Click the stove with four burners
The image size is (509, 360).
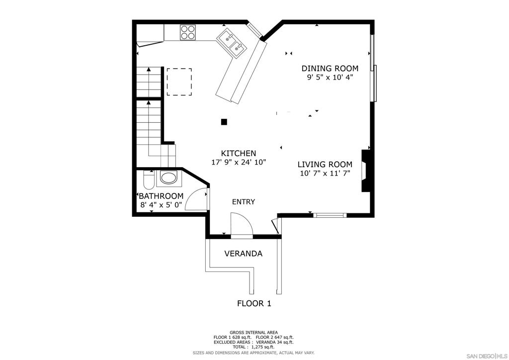point(188,32)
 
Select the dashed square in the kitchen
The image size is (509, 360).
point(179,82)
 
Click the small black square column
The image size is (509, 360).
point(224,121)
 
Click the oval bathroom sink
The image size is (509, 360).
point(169,179)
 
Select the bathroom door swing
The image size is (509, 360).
point(199,199)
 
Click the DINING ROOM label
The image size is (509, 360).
point(330,69)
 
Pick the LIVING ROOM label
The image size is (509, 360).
point(325,165)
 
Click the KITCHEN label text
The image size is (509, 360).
point(239,154)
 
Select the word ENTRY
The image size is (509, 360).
point(244,202)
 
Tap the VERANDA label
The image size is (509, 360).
point(243,254)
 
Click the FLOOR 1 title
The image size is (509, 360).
point(254,303)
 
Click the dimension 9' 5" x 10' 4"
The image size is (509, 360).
point(330,78)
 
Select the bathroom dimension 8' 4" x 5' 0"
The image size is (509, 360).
point(161,204)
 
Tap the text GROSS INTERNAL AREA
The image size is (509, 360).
point(254,333)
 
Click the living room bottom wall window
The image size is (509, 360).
point(330,215)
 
